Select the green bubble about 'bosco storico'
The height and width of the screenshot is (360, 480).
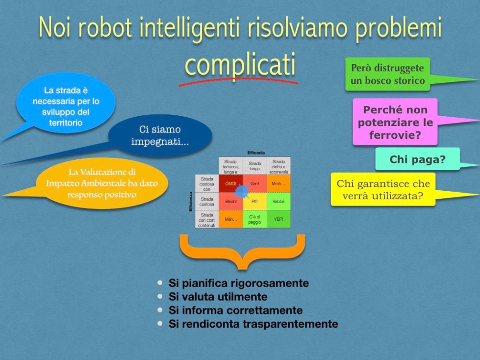point(387,75)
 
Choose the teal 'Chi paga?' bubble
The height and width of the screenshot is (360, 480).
point(417,159)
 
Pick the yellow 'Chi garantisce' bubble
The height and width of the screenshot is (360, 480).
point(383,190)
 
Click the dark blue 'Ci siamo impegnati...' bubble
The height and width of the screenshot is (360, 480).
point(160,136)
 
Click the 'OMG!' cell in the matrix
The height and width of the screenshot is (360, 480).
point(230,183)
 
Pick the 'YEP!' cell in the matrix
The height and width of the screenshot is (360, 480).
point(278,219)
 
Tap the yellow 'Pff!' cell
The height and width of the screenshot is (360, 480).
point(254,201)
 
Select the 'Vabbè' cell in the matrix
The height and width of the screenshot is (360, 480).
point(278,201)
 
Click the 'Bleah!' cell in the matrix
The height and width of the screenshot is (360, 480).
point(230,201)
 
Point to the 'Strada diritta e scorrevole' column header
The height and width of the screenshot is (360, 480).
point(278,165)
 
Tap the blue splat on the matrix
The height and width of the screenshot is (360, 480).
point(241,188)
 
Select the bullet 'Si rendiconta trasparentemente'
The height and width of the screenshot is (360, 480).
point(253,324)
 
